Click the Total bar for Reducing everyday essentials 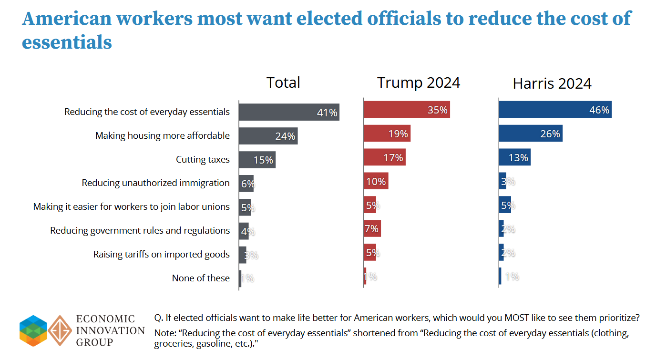(x=288, y=112)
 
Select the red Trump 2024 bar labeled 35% (x=406, y=110)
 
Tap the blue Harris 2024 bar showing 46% (x=554, y=110)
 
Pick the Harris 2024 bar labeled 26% (x=530, y=134)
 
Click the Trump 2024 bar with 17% (x=384, y=157)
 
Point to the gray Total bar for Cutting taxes (x=256, y=160)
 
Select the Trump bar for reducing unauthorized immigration (x=376, y=181)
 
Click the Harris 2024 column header (x=552, y=84)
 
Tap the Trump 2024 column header (x=419, y=82)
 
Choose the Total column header (x=283, y=82)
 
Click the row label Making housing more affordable (x=162, y=135)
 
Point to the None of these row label (x=201, y=278)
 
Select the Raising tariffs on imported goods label (x=161, y=254)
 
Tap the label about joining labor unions (x=131, y=206)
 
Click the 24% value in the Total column (x=285, y=136)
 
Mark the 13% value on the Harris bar (x=518, y=158)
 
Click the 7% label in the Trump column (x=372, y=229)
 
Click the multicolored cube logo (x=33, y=330)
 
